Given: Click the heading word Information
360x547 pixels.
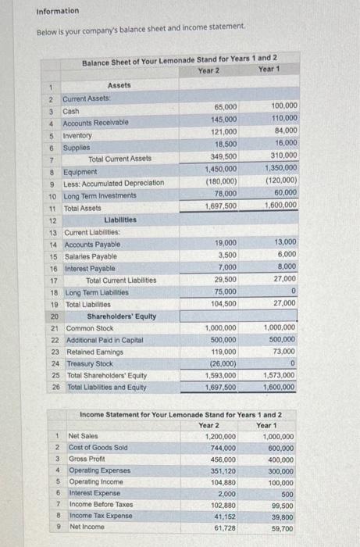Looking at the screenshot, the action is pyautogui.click(x=58, y=11).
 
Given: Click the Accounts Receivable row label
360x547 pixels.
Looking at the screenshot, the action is pyautogui.click(x=95, y=122).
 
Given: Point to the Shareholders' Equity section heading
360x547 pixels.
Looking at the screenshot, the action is pyautogui.click(x=121, y=316).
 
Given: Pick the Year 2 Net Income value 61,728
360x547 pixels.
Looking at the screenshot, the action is pyautogui.click(x=225, y=529).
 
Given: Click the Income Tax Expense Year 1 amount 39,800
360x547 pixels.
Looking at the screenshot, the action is pyautogui.click(x=281, y=517).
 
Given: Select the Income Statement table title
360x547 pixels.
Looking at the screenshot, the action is pyautogui.click(x=181, y=413).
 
